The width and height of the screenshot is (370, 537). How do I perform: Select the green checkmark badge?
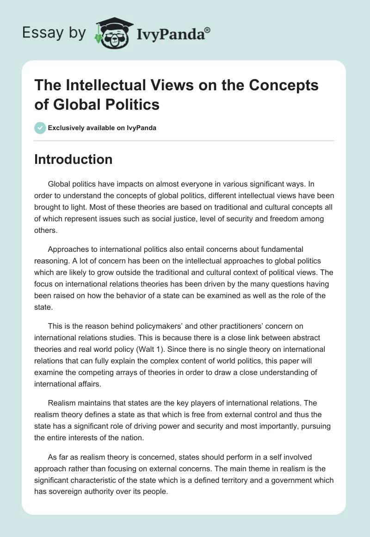[x=40, y=128]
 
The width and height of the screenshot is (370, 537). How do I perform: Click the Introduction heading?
[x=74, y=160]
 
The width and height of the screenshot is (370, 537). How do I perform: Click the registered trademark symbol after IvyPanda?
[x=208, y=30]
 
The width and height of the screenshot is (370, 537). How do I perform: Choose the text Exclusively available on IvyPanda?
[x=102, y=128]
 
